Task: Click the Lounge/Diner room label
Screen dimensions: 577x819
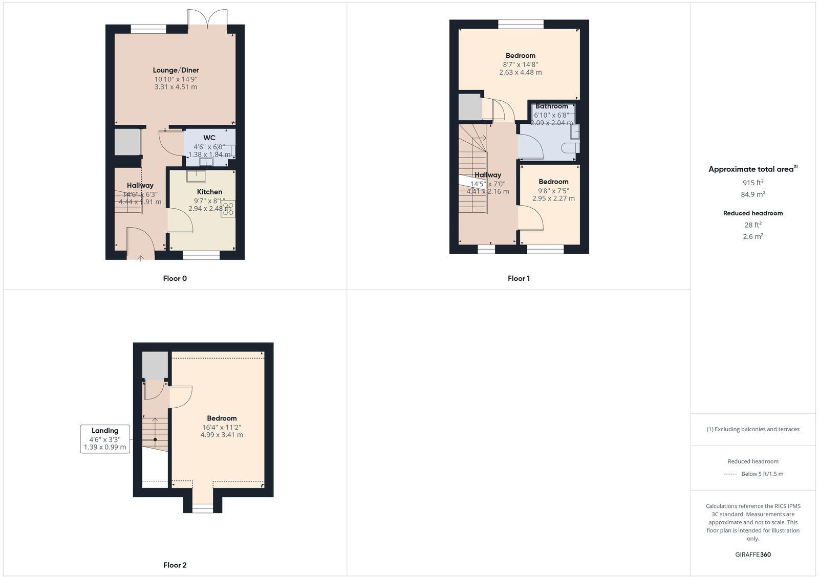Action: click(x=176, y=70)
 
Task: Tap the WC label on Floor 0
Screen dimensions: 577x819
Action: click(x=209, y=138)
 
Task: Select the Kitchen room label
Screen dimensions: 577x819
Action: click(x=209, y=192)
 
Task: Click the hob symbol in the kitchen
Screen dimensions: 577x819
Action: click(x=228, y=209)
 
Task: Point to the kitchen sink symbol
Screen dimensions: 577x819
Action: click(x=196, y=176)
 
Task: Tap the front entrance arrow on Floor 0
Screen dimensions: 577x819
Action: click(x=141, y=258)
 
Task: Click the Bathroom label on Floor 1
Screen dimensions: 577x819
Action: click(x=551, y=106)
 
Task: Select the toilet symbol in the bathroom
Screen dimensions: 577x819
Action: click(x=570, y=148)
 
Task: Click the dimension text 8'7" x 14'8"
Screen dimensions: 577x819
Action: click(x=520, y=64)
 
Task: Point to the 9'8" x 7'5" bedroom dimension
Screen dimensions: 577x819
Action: click(x=553, y=191)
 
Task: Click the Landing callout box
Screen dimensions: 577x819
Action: click(x=105, y=439)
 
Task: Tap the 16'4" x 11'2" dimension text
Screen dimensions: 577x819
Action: click(x=222, y=427)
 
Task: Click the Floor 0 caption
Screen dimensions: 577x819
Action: click(x=175, y=278)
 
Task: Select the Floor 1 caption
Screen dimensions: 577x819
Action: click(x=519, y=278)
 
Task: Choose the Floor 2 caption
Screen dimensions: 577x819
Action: click(x=175, y=565)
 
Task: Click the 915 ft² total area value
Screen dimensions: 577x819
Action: click(x=753, y=183)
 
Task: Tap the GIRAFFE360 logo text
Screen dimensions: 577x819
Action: click(x=753, y=554)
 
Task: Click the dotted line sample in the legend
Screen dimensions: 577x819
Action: click(x=729, y=474)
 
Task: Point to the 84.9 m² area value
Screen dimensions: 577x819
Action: click(x=753, y=194)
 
